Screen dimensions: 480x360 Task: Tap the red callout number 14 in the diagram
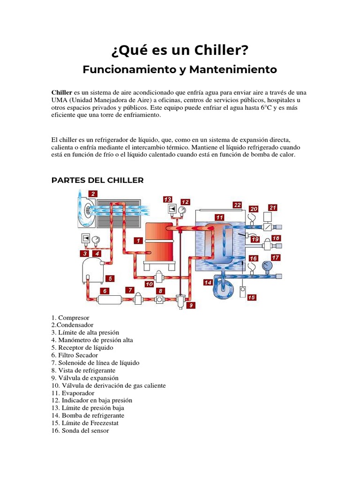[208, 282]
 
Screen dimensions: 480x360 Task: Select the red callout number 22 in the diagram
[238, 205]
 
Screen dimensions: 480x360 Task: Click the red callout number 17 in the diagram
[276, 257]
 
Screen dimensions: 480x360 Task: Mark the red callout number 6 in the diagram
[105, 291]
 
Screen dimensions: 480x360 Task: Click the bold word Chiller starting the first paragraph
[61, 92]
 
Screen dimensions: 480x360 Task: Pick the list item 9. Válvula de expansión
[85, 378]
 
